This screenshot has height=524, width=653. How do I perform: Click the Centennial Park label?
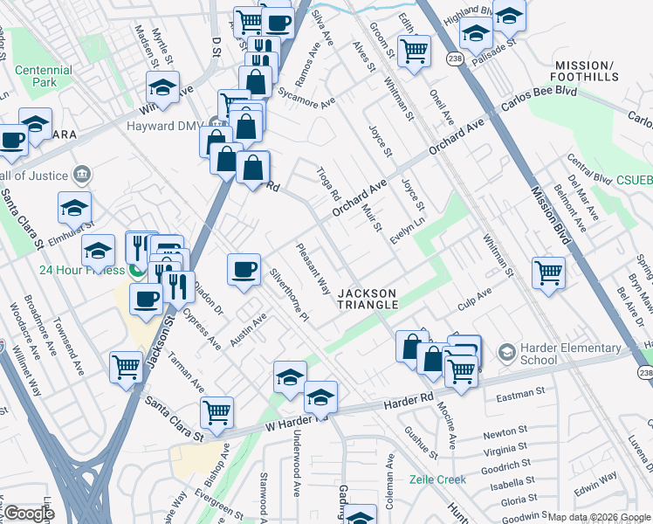coord(42,77)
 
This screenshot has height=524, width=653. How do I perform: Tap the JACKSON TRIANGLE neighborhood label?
coord(368,299)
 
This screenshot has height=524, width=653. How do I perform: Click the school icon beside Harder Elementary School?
coord(505,352)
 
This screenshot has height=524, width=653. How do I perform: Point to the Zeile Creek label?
coord(438,479)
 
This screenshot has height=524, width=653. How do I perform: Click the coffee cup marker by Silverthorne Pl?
coord(244,267)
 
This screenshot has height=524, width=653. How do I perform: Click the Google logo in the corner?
coord(28,514)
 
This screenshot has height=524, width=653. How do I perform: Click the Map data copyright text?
coord(598,517)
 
